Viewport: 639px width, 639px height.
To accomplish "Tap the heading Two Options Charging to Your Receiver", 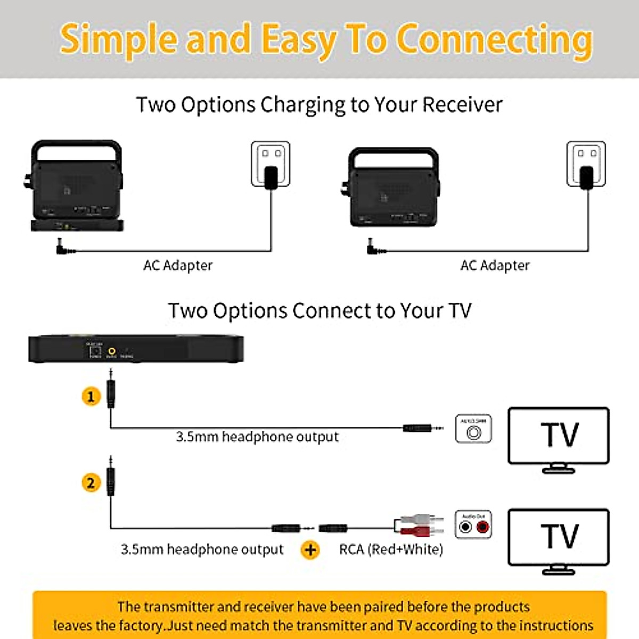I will click(x=319, y=105).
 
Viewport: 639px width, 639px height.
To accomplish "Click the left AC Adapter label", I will click(x=178, y=265).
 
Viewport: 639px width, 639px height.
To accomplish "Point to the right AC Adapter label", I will click(x=495, y=265).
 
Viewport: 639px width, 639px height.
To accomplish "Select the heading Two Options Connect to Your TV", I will click(x=319, y=311).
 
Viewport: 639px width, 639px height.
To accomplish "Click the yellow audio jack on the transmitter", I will click(x=112, y=351).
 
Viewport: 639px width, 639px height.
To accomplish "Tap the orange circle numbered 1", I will click(x=91, y=397).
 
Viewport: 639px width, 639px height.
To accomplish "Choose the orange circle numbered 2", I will click(x=91, y=483).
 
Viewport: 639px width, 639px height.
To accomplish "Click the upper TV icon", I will click(x=559, y=437).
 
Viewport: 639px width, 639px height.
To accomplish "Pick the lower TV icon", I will click(x=559, y=538).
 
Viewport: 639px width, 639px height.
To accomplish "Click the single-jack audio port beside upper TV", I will click(x=473, y=432).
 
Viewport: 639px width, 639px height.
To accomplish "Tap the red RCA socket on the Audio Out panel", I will click(x=482, y=527).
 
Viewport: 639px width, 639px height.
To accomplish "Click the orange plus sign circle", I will click(x=310, y=550).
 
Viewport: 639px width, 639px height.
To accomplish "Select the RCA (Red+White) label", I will click(x=391, y=550).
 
